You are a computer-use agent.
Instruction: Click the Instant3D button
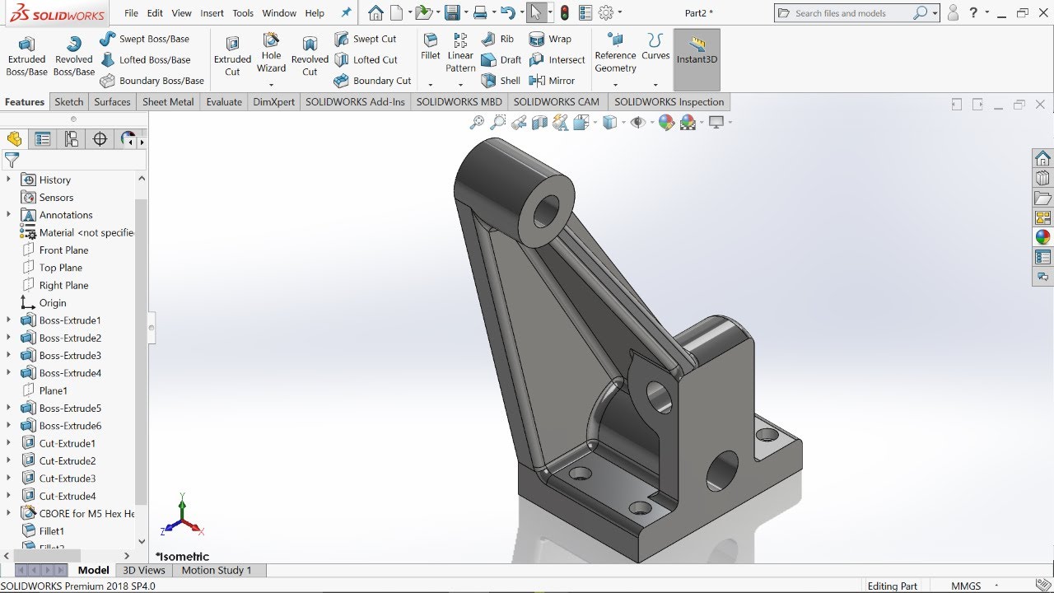click(x=697, y=50)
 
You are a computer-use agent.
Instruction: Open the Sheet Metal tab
click(x=168, y=102)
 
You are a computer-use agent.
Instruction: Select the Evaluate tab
click(x=224, y=102)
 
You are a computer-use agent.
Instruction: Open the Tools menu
click(x=243, y=13)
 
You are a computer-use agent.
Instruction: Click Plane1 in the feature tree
click(x=54, y=390)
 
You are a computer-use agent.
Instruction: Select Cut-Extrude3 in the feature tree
click(x=67, y=479)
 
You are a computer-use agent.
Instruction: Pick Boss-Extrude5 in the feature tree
click(x=70, y=409)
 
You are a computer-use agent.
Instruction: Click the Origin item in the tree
click(x=53, y=303)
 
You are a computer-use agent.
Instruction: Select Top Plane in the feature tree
click(x=60, y=268)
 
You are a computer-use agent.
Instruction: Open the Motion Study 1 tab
click(x=217, y=570)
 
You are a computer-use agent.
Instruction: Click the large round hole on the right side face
click(x=722, y=472)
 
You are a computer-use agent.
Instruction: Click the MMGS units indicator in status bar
click(x=966, y=586)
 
